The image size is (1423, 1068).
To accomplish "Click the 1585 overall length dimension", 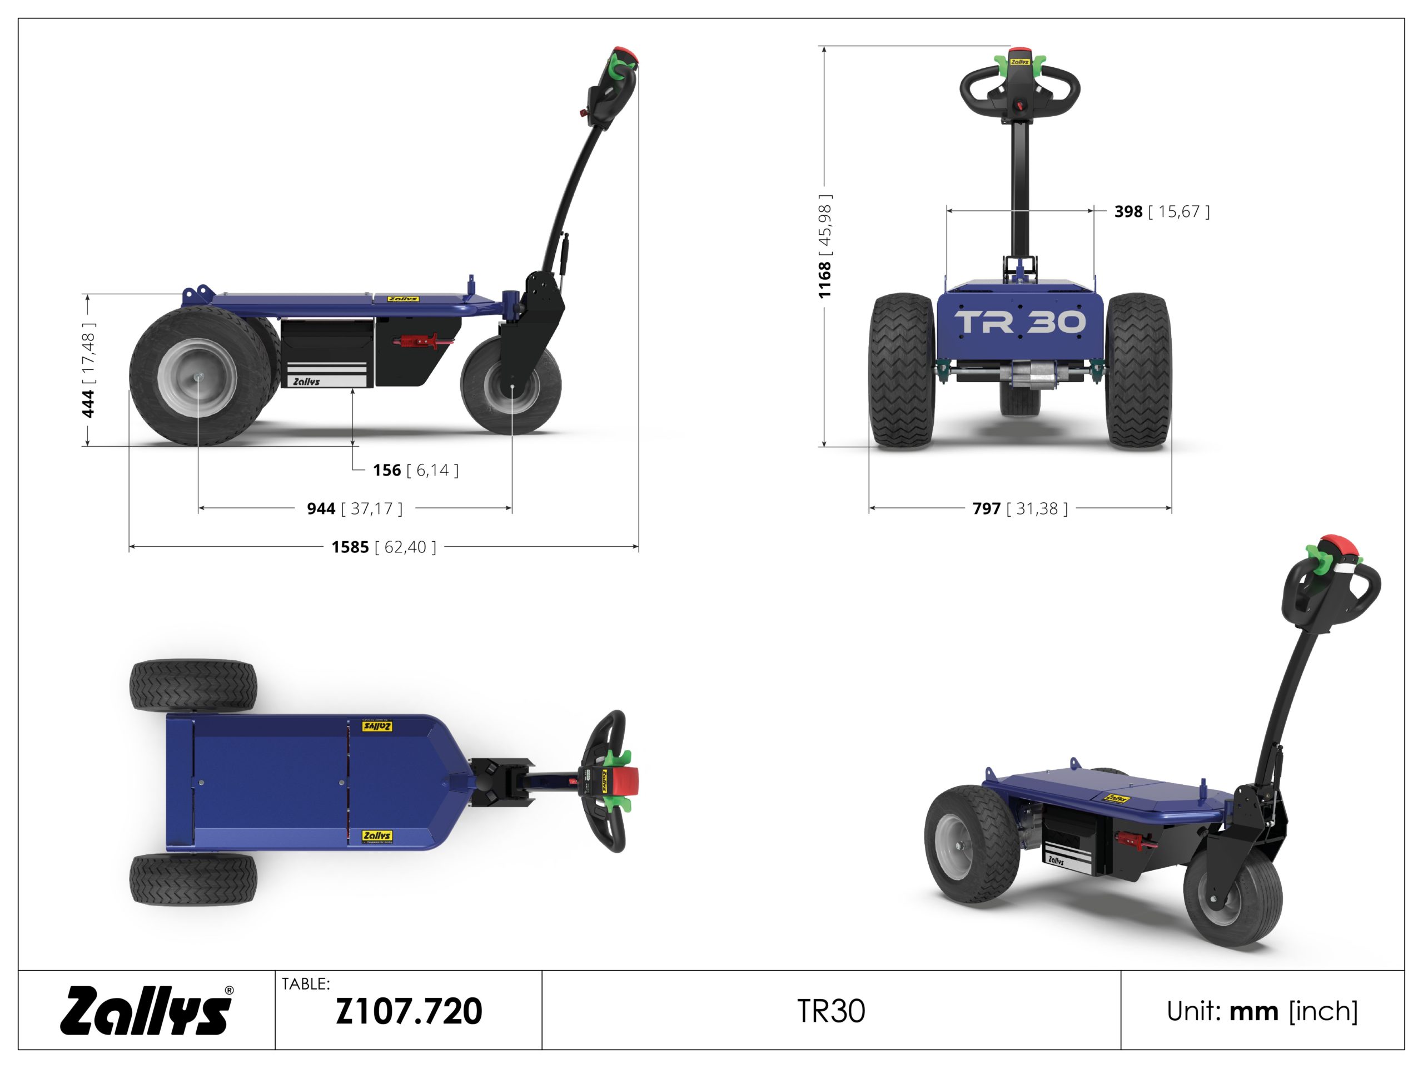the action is coord(384,547).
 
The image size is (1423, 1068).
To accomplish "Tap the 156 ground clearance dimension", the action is coord(416,470).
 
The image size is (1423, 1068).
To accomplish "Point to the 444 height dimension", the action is coord(88,370).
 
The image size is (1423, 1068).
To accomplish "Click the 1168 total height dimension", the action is coord(825,246).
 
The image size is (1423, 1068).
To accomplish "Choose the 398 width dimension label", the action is coord(1162,211).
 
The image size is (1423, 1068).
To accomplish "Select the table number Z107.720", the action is coord(409,1011).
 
